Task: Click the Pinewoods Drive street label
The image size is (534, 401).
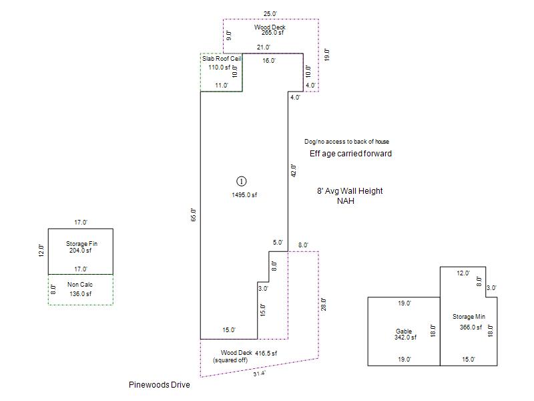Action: pyautogui.click(x=159, y=385)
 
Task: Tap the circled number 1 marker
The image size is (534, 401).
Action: pyautogui.click(x=242, y=181)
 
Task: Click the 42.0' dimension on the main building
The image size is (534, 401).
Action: pyautogui.click(x=293, y=170)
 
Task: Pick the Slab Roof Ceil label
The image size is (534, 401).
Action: pyautogui.click(x=222, y=59)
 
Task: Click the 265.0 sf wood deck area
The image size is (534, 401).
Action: pyautogui.click(x=272, y=33)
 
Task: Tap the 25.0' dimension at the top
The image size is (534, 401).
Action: pyautogui.click(x=270, y=13)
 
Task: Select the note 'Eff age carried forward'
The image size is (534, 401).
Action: pyautogui.click(x=350, y=154)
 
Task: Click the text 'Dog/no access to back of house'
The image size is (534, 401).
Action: pyautogui.click(x=346, y=142)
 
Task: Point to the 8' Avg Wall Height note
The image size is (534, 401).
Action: pyautogui.click(x=350, y=191)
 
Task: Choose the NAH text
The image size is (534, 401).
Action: pyautogui.click(x=345, y=200)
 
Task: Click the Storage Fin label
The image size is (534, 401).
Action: pyautogui.click(x=79, y=244)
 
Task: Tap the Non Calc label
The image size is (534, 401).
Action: pyautogui.click(x=79, y=285)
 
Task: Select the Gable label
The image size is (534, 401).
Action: pyautogui.click(x=404, y=331)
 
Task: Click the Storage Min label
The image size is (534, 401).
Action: pyautogui.click(x=468, y=317)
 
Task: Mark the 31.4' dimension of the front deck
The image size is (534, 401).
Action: pyautogui.click(x=259, y=374)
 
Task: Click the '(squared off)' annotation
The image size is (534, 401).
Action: pyautogui.click(x=230, y=361)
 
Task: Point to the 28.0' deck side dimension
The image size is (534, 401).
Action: pyautogui.click(x=324, y=304)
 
